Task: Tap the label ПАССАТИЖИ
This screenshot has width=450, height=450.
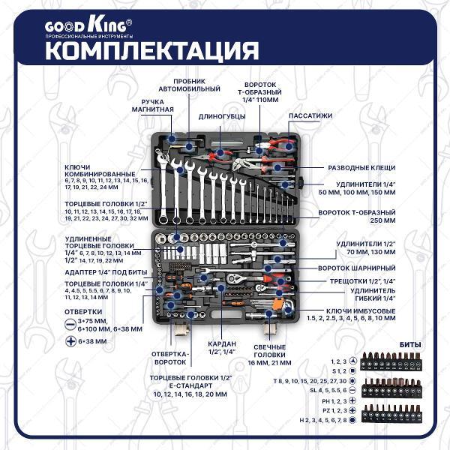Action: [310, 115]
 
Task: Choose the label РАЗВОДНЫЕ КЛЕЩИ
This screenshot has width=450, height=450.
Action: [362, 167]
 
